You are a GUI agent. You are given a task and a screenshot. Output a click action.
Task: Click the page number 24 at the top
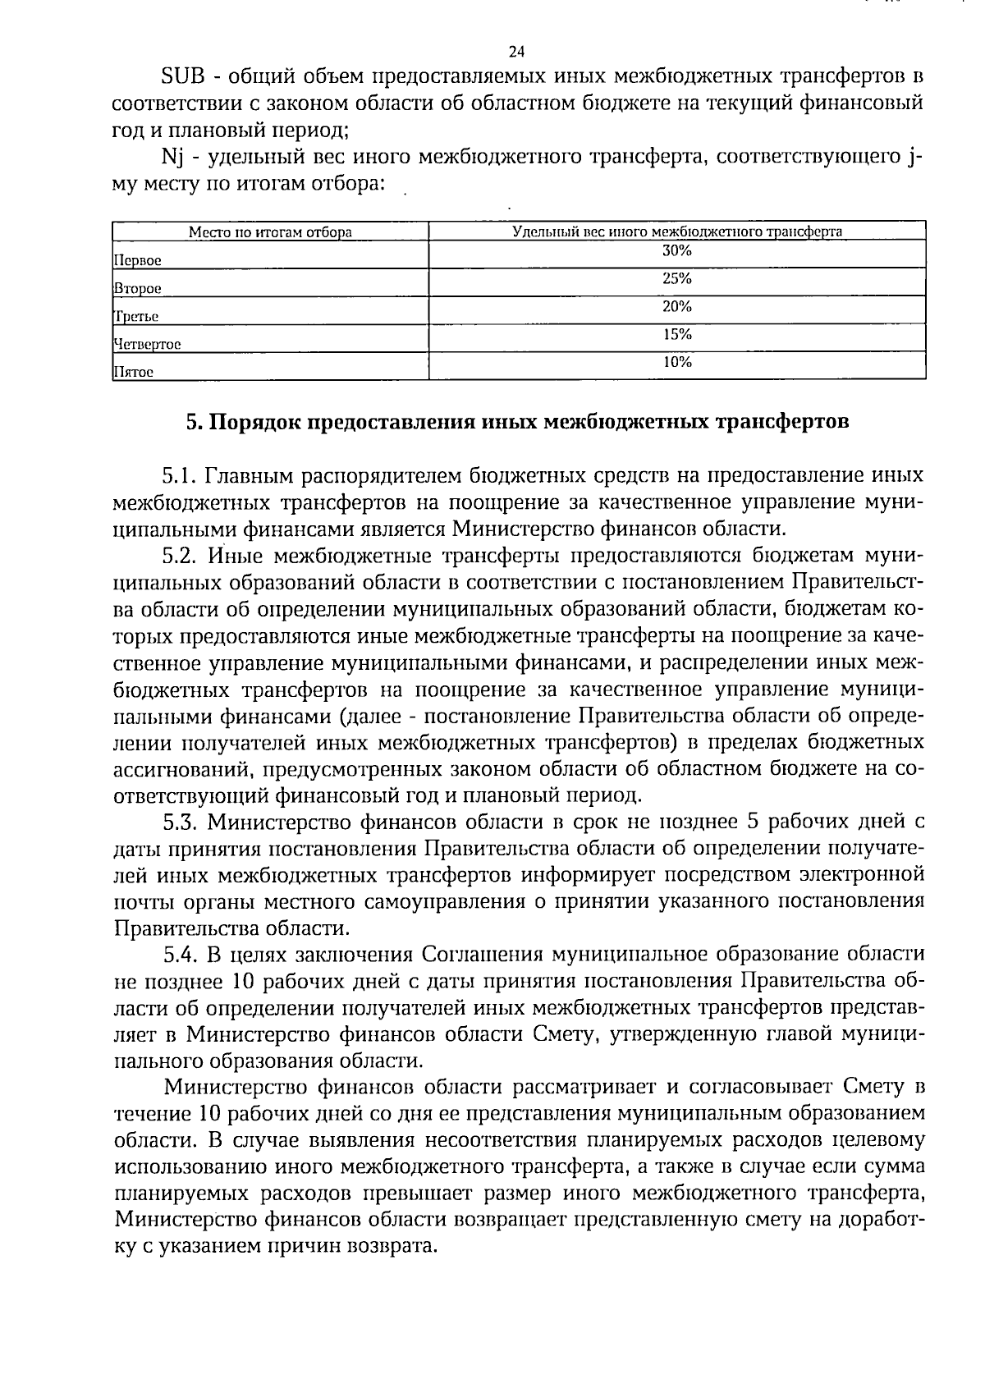[516, 52]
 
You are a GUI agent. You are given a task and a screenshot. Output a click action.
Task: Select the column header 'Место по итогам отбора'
[270, 231]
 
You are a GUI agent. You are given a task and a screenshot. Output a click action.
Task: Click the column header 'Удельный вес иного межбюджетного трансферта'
[677, 231]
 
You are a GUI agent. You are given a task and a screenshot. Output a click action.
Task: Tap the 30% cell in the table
[677, 251]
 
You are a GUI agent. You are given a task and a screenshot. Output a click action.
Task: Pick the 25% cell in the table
[677, 279]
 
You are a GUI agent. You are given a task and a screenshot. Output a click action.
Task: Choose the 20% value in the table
[677, 307]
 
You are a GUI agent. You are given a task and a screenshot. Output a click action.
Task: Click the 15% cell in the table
[677, 335]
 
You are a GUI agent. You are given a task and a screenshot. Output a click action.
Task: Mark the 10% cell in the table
[677, 362]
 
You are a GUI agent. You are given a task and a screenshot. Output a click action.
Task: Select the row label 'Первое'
[137, 261]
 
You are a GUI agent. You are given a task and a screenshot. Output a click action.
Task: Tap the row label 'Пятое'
[133, 373]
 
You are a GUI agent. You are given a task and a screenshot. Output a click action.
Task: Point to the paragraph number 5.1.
[178, 477]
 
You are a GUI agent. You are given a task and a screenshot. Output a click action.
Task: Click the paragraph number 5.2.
[180, 557]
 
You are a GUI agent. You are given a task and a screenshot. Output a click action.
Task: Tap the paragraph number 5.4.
[180, 955]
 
